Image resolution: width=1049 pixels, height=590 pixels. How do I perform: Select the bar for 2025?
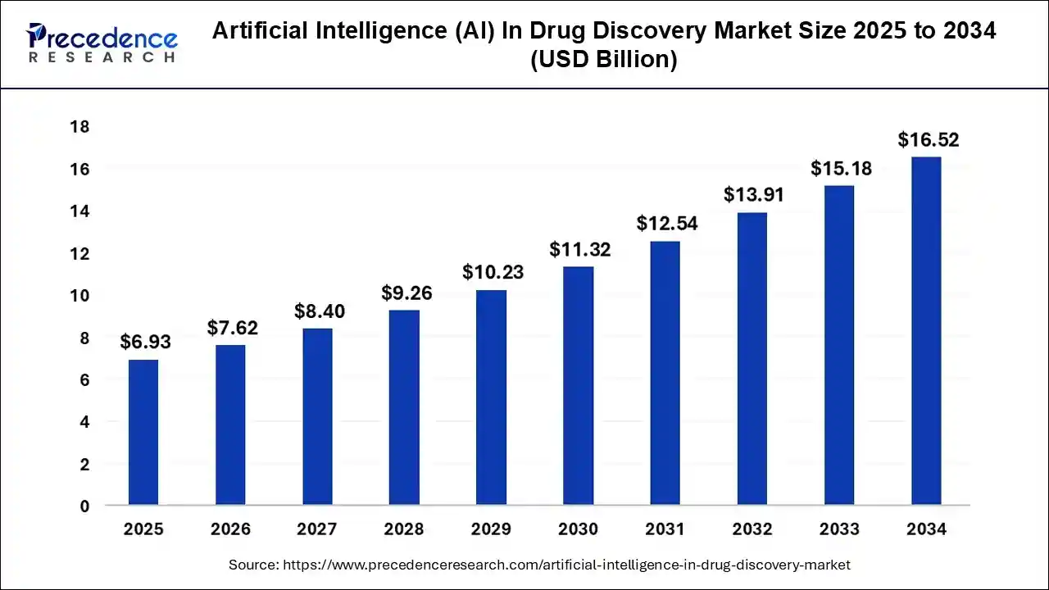coord(143,432)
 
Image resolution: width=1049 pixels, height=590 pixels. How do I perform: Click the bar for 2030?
coord(579,385)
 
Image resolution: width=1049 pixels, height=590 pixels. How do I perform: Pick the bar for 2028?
coord(404,407)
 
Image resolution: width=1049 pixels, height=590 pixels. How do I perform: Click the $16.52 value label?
coord(928,140)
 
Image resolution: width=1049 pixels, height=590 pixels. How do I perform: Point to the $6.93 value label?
coord(145,343)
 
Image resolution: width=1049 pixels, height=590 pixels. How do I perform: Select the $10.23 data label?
coord(493,272)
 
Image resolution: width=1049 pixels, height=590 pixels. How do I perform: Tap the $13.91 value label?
coord(753,195)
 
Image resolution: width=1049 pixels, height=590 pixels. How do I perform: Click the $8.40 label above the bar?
coord(320,311)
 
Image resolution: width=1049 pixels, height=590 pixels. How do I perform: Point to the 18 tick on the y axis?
coord(79,127)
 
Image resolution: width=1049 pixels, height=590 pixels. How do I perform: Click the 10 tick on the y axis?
coord(79,296)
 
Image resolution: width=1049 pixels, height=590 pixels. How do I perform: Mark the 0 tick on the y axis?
coord(84,506)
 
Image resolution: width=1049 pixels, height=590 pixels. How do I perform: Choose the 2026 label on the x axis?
coord(230,529)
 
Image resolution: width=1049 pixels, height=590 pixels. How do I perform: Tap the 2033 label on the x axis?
coord(840,529)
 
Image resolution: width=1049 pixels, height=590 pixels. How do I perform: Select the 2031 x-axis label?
coord(665,529)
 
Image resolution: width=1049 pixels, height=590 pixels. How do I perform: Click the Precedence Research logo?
coord(102,43)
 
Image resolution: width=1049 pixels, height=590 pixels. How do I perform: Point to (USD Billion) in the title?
coord(604,61)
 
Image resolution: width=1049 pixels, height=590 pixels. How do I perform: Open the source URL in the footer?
coord(566,565)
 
